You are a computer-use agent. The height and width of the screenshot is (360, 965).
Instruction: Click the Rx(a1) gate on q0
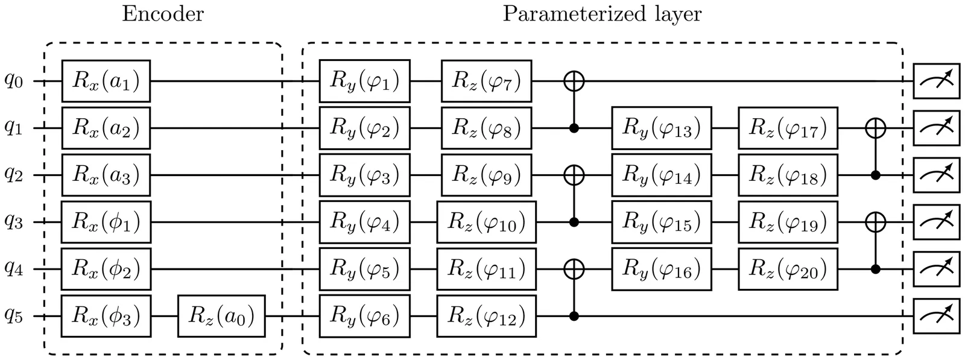click(106, 81)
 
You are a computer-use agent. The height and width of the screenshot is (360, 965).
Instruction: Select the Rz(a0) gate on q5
click(221, 316)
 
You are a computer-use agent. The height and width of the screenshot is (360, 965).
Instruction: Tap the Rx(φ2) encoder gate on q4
click(106, 269)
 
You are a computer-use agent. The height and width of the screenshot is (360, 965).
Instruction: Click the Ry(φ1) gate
click(364, 81)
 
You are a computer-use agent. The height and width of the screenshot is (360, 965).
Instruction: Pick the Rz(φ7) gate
click(486, 81)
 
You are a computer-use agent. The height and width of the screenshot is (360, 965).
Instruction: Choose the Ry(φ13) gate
click(662, 128)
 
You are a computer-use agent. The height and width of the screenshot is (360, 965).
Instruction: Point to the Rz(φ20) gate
click(788, 269)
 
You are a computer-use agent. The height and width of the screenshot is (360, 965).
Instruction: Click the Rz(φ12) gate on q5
click(486, 316)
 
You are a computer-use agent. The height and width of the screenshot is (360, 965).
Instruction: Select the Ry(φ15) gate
click(662, 222)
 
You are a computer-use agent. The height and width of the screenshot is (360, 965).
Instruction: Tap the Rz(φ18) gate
click(788, 175)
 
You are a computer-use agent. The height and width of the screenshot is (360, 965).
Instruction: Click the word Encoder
click(163, 14)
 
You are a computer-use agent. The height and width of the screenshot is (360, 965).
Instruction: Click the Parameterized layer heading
click(602, 14)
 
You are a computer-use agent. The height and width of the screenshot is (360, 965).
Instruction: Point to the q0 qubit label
click(14, 81)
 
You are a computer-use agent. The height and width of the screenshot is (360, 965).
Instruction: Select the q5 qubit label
click(14, 316)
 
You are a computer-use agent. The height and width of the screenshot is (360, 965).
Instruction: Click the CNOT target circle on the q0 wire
click(574, 81)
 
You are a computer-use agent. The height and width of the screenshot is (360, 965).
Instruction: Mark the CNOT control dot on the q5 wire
click(574, 316)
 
